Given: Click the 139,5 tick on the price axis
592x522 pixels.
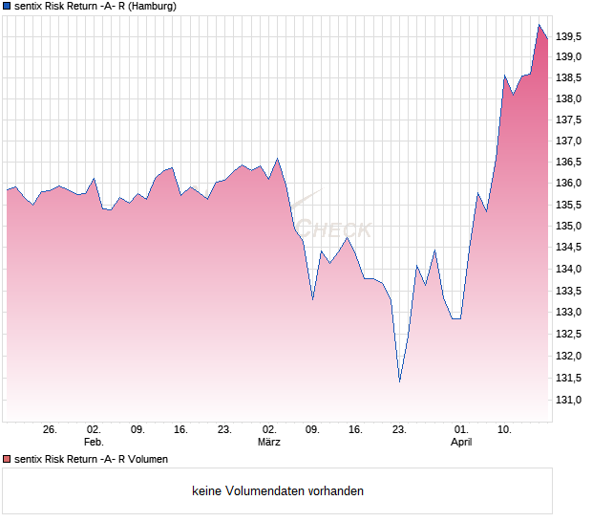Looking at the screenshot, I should click(x=568, y=37).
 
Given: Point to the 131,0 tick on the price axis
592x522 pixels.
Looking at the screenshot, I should click(x=568, y=399).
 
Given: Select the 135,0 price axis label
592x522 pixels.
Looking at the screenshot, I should click(x=568, y=227).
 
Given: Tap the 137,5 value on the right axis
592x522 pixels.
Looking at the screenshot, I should click(x=568, y=120).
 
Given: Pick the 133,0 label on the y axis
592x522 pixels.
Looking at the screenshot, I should click(x=568, y=313).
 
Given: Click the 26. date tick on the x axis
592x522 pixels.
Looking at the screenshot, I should click(x=51, y=429).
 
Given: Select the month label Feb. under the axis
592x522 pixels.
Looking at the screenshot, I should click(x=94, y=443).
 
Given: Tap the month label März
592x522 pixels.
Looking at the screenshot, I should click(x=269, y=443).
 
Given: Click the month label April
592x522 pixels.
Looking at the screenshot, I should click(x=461, y=443).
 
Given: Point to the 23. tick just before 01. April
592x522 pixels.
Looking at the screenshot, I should click(x=399, y=429).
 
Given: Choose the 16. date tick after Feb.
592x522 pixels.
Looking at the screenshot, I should click(x=181, y=429).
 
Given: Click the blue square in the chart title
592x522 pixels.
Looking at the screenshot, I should click(x=7, y=6).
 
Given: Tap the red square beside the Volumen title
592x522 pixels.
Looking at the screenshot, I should click(x=7, y=459).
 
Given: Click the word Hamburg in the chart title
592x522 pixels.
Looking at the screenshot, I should click(x=152, y=6).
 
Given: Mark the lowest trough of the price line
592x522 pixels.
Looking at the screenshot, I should click(x=399, y=381).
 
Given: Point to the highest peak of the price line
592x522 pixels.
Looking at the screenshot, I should click(x=539, y=25).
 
